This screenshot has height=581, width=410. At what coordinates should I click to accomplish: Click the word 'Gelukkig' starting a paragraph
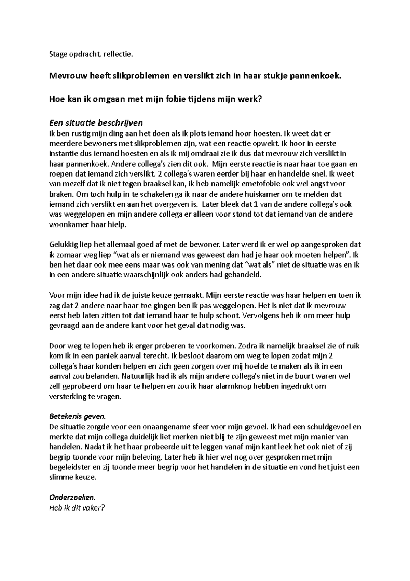[x=64, y=245]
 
